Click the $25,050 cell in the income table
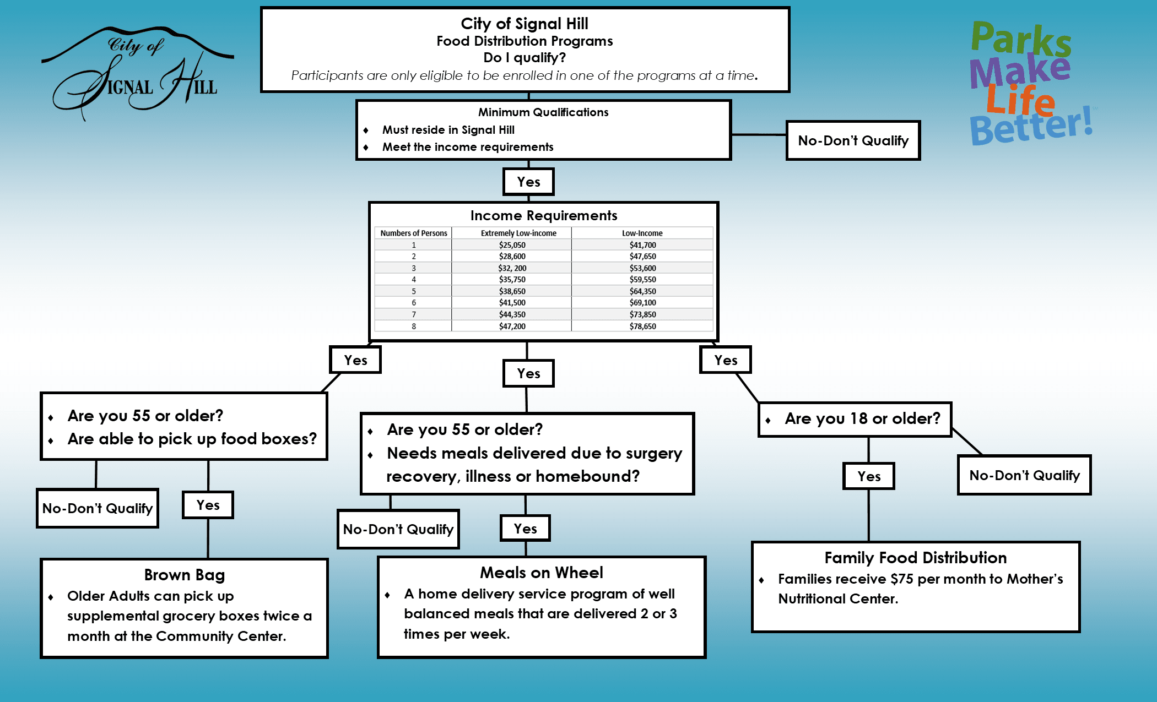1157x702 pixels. (512, 245)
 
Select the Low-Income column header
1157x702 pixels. (642, 233)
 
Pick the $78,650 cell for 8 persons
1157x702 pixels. (642, 326)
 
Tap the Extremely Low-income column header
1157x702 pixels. (518, 233)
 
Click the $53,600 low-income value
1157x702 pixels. (642, 268)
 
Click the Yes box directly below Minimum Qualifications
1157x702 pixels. (528, 182)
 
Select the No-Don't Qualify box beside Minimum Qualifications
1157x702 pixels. (853, 141)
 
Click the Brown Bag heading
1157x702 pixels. (184, 575)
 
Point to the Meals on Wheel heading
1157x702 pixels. (541, 573)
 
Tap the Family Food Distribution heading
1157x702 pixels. (915, 558)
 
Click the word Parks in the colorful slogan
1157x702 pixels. (1020, 39)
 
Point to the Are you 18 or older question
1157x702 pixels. (862, 418)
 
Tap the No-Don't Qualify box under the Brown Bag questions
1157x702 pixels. (98, 508)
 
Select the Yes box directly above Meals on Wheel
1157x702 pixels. (525, 529)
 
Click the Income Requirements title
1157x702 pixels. (543, 216)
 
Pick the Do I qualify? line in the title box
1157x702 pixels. (524, 58)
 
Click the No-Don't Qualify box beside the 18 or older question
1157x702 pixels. (1024, 475)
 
